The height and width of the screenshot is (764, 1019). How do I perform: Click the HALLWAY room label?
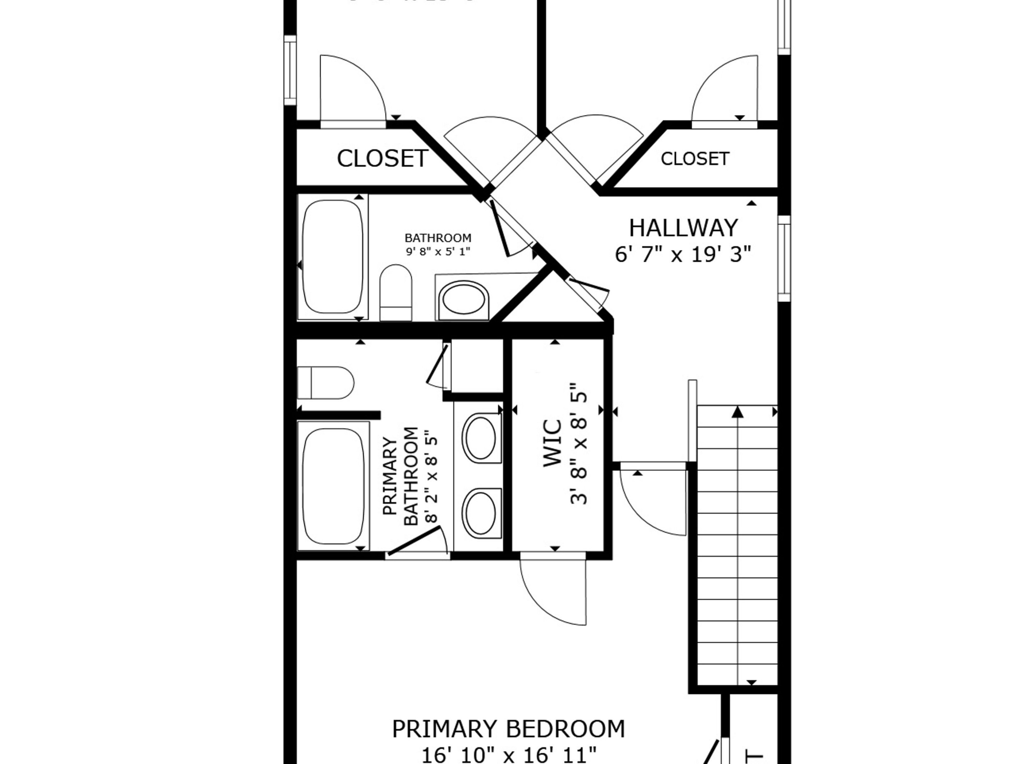[683, 229]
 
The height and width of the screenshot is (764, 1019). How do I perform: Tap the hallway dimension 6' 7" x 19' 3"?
[683, 254]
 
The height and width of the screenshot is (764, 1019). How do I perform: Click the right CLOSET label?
[694, 159]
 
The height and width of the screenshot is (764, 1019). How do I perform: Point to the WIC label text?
[553, 443]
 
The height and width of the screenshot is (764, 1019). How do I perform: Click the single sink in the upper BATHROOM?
[463, 300]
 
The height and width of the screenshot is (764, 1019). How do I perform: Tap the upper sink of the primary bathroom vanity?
[481, 438]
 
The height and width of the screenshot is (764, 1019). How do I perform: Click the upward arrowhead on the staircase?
[737, 412]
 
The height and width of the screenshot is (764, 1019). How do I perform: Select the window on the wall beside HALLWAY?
[784, 258]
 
